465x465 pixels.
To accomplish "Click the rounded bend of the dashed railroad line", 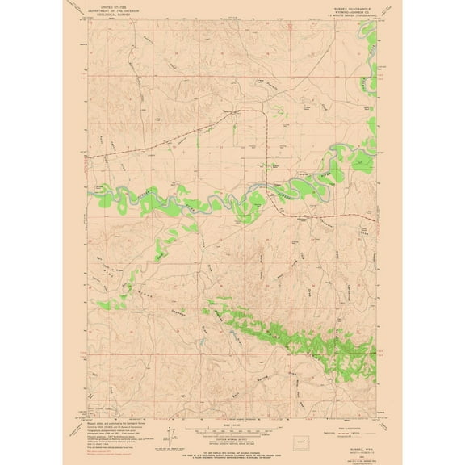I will click(264, 115).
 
